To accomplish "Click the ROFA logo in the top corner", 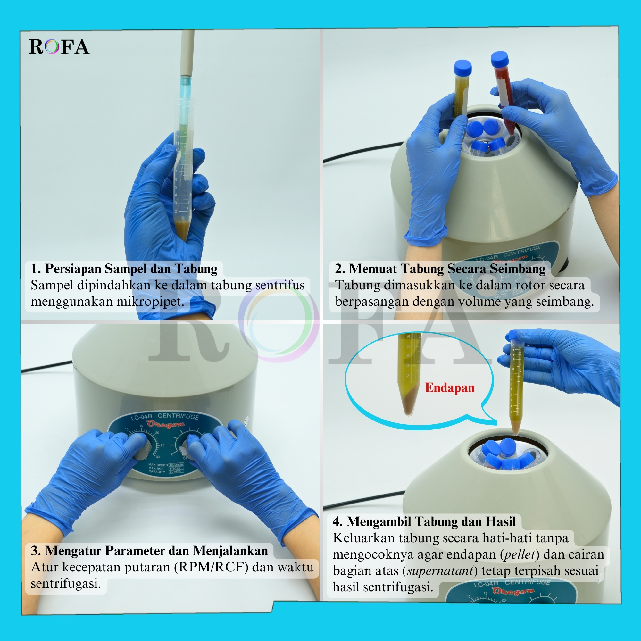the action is pyautogui.click(x=59, y=47).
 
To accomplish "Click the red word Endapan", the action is pyautogui.click(x=450, y=387).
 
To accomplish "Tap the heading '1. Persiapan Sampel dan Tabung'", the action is pyautogui.click(x=124, y=269).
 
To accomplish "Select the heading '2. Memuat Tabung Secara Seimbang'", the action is pyautogui.click(x=440, y=269).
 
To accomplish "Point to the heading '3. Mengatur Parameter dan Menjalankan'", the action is pyautogui.click(x=149, y=551).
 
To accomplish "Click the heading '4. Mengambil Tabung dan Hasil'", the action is pyautogui.click(x=424, y=521).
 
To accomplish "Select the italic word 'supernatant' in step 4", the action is pyautogui.click(x=440, y=571).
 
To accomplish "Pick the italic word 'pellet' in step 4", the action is pyautogui.click(x=520, y=554).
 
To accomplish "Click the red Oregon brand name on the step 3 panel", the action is pyautogui.click(x=166, y=424).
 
